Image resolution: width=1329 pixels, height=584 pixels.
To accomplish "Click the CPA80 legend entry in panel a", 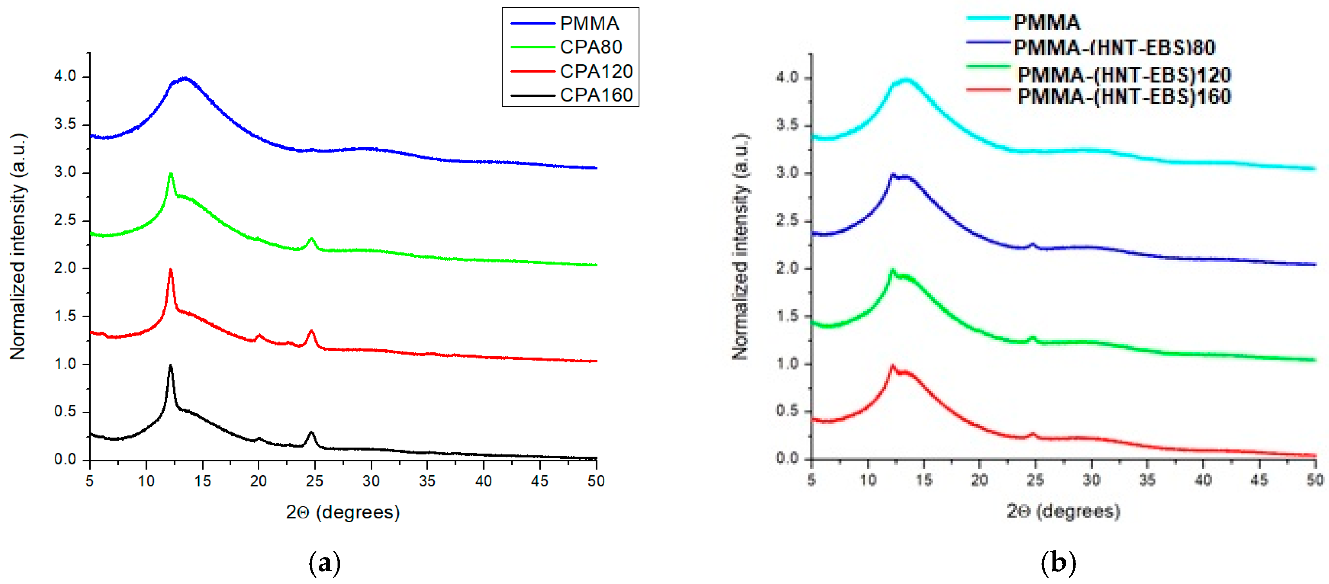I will pyautogui.click(x=591, y=47).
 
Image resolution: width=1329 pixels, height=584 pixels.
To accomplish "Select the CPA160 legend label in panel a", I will pyautogui.click(x=596, y=95).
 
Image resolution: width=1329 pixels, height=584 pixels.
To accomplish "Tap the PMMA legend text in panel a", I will pyautogui.click(x=589, y=23).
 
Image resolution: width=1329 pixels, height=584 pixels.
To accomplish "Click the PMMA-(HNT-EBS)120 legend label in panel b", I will pyautogui.click(x=1124, y=75).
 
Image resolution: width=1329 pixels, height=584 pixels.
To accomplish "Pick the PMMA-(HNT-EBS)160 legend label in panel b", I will pyautogui.click(x=1124, y=96).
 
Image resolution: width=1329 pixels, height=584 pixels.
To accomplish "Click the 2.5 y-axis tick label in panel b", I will pyautogui.click(x=787, y=221).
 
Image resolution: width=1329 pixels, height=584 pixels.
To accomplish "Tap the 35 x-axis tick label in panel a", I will pyautogui.click(x=427, y=481).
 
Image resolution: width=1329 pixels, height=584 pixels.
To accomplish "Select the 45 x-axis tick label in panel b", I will pyautogui.click(x=1259, y=480).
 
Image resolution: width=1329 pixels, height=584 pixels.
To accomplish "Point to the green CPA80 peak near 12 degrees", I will pyautogui.click(x=171, y=174).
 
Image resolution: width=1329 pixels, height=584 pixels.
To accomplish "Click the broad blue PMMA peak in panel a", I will pyautogui.click(x=185, y=79).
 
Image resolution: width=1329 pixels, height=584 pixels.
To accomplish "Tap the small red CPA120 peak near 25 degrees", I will pyautogui.click(x=311, y=331).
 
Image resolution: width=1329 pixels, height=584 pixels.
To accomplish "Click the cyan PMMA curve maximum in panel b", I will pyautogui.click(x=905, y=80).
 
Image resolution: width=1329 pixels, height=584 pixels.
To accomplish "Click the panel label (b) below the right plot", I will pyautogui.click(x=1058, y=563).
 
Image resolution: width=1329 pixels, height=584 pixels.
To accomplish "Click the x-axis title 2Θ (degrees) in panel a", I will pyautogui.click(x=343, y=512).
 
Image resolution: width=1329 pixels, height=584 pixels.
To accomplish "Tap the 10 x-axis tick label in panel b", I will pyautogui.click(x=868, y=480).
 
